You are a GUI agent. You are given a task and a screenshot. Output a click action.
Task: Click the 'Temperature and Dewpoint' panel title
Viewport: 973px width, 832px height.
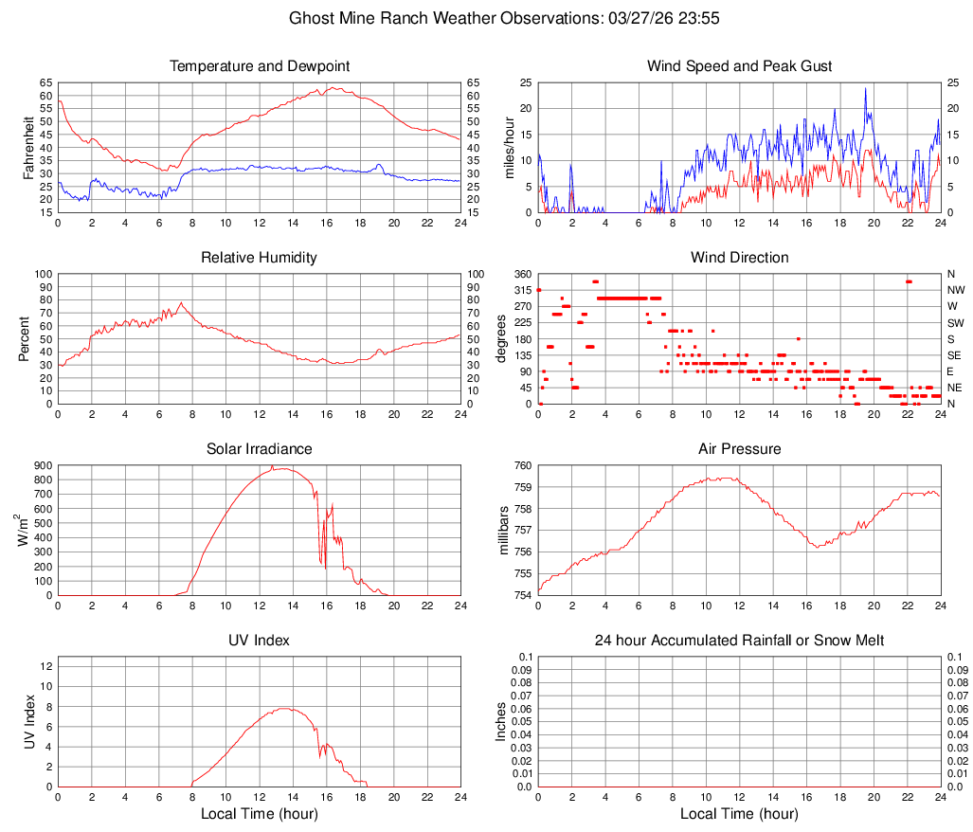click(260, 66)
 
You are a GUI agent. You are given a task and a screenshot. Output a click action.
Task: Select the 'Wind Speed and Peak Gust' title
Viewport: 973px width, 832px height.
click(739, 66)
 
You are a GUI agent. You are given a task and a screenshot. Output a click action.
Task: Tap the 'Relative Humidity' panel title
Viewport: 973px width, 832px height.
click(260, 258)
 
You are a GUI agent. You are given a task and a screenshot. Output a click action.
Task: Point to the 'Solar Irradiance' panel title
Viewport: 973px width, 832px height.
click(260, 449)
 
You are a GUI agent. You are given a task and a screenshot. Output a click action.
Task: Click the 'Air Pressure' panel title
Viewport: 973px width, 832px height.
click(739, 449)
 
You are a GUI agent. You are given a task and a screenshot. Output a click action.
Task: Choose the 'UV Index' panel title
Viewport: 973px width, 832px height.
click(260, 641)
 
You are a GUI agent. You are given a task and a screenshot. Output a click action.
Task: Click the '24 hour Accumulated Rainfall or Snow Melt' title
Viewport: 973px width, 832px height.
click(739, 641)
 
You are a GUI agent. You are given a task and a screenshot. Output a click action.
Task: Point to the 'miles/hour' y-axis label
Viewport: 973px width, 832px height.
click(509, 147)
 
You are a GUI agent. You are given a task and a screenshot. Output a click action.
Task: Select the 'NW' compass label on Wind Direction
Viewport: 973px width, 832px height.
click(955, 290)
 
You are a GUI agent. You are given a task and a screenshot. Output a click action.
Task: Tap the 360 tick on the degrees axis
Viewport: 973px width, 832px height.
click(523, 274)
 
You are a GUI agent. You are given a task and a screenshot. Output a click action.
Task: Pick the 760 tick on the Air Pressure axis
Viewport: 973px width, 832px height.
click(523, 465)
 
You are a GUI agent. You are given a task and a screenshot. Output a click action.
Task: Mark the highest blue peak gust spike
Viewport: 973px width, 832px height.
click(865, 88)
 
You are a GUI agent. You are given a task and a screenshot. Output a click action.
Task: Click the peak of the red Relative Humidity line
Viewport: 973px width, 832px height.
click(181, 302)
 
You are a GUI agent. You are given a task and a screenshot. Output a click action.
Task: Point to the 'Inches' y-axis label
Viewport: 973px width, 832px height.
click(501, 721)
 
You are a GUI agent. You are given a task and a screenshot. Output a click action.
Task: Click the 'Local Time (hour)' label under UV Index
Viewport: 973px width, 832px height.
click(260, 814)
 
